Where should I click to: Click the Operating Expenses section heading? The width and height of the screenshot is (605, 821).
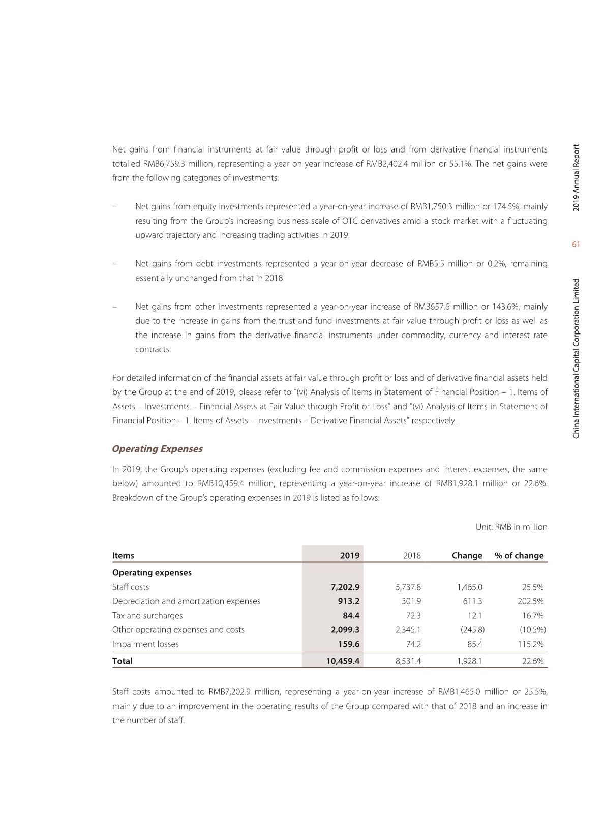coord(157,449)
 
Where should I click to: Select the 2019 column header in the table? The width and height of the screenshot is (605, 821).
coord(350,555)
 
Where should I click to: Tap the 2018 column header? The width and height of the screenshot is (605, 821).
coord(412,555)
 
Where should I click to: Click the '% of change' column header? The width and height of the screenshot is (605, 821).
coord(519,555)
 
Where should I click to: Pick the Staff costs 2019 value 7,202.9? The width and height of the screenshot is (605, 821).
coord(345,587)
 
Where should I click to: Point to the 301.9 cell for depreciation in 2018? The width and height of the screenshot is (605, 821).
coord(411,601)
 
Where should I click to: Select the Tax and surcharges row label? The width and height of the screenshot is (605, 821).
coord(147,616)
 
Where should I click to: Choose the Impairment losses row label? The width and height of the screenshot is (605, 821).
coord(145,644)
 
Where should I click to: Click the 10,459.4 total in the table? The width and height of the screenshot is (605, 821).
coord(343,661)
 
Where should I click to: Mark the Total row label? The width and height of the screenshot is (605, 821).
coord(122,661)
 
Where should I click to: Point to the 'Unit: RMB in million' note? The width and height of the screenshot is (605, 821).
coord(511,527)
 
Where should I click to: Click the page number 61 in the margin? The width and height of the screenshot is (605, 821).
coord(576,245)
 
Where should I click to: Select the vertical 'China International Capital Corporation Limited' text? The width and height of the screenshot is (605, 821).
coord(576,358)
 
